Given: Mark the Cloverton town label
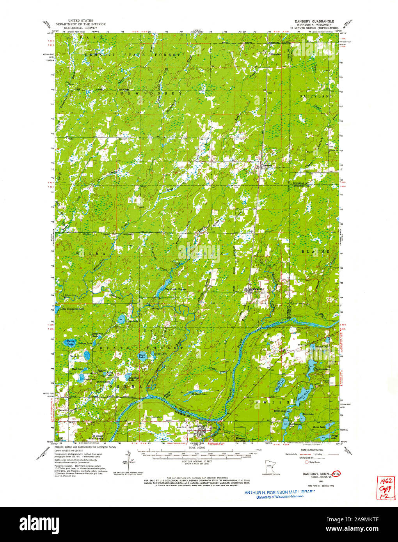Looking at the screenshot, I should coord(266,165).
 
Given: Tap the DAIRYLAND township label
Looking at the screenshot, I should coord(316,96).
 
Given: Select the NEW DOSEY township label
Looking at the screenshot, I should coord(151,94).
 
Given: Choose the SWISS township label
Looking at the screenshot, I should coord(272,401).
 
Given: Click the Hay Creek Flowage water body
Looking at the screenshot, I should coord(164,284).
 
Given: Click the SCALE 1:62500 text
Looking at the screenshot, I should coord(199,448).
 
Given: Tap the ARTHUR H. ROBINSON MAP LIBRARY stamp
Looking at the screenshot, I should coord(279,492).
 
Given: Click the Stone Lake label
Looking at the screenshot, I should coord(318,427).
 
